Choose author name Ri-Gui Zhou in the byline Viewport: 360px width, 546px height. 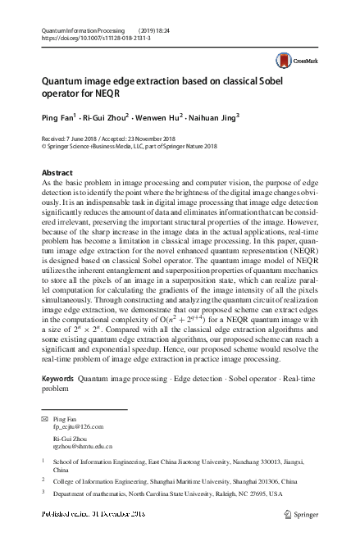click(103, 117)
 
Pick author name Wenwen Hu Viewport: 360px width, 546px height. click(164, 117)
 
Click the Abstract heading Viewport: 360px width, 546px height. click(57, 173)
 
